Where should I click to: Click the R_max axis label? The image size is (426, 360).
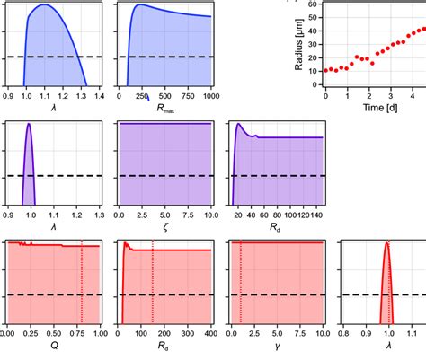[164, 111]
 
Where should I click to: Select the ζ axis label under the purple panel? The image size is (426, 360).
[164, 229]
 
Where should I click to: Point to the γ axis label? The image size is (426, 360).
[277, 347]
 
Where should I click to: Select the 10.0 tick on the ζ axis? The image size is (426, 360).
[209, 215]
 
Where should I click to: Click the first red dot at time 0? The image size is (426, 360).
[325, 70]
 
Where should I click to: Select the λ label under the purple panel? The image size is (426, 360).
[51, 229]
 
